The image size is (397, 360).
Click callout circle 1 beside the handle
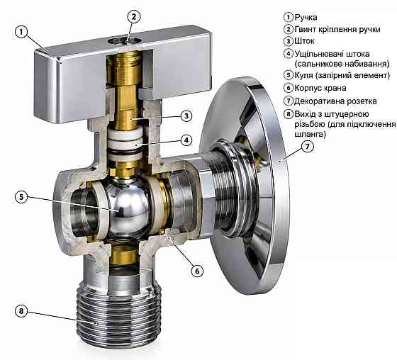point(22,32)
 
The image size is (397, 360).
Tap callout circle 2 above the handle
point(134,17)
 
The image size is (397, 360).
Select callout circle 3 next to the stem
point(186,116)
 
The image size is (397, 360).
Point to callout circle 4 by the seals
point(186,140)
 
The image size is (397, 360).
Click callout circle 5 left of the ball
point(21,197)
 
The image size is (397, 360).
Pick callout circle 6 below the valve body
point(197,271)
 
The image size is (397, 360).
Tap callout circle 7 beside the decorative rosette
point(308,146)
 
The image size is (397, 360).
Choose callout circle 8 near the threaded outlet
point(21,310)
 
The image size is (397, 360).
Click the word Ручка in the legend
point(306,18)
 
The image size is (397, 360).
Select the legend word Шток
point(304,41)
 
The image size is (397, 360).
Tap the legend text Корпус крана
point(320,88)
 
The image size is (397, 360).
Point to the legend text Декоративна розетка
point(335,101)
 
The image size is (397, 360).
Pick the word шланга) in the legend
point(310,134)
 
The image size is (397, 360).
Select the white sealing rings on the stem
point(125,144)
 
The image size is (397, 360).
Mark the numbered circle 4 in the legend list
point(288,54)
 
